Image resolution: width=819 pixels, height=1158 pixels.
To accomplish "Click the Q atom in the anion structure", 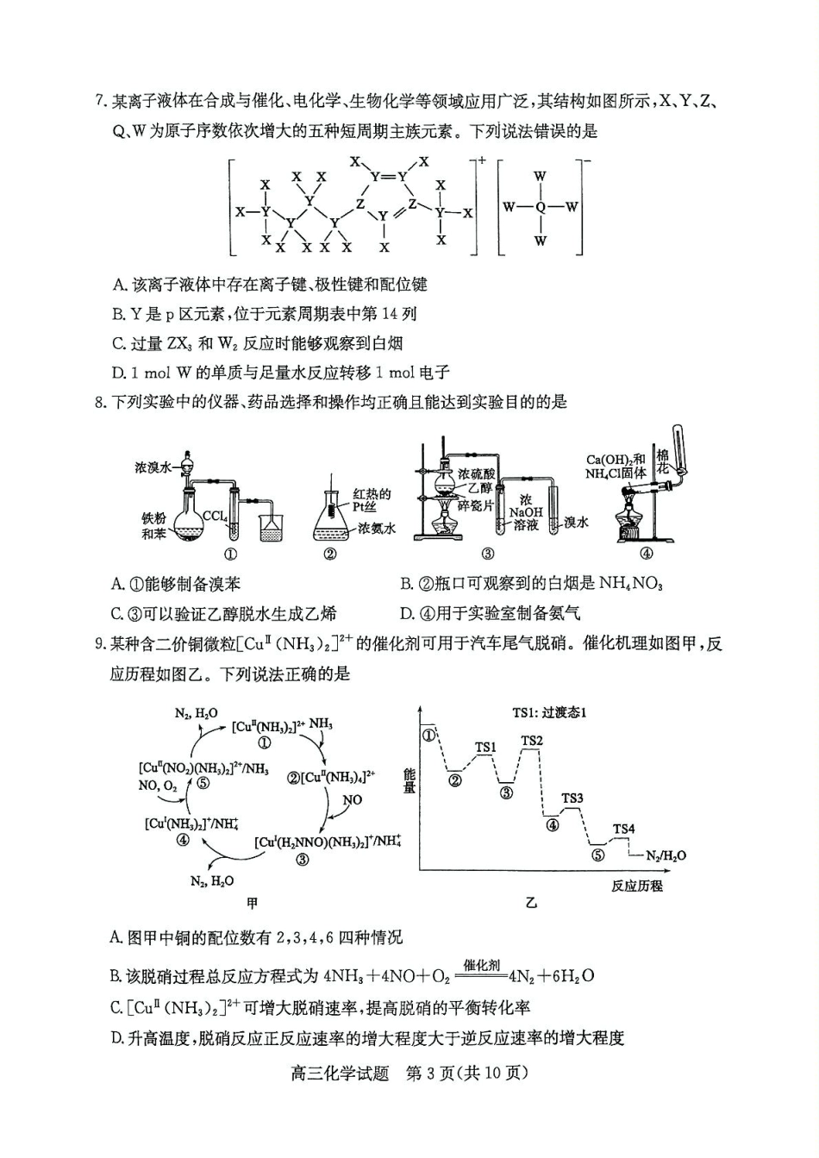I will pyautogui.click(x=541, y=207).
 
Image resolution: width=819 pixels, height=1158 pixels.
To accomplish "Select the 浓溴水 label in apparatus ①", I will pyautogui.click(x=153, y=466).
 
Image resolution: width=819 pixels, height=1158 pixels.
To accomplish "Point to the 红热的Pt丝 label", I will pyautogui.click(x=372, y=500).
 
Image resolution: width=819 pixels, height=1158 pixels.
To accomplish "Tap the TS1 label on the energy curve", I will pyautogui.click(x=486, y=748).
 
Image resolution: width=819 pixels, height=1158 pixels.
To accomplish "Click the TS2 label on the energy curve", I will pyautogui.click(x=532, y=741).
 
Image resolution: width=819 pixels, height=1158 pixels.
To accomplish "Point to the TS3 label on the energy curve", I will pyautogui.click(x=572, y=798).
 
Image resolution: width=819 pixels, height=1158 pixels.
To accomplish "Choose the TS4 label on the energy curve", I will pyautogui.click(x=623, y=829).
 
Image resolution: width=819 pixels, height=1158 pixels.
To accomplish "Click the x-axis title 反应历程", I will pyautogui.click(x=637, y=886).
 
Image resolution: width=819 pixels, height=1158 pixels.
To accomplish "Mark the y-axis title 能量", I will pyautogui.click(x=409, y=781).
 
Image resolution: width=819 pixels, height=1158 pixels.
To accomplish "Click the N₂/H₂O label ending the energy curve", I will pyautogui.click(x=666, y=855).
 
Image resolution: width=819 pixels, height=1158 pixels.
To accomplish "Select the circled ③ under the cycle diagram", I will pyautogui.click(x=302, y=860).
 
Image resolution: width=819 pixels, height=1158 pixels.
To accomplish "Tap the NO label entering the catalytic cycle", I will pyautogui.click(x=353, y=799).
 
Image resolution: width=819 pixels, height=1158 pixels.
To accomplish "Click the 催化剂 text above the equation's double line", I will pyautogui.click(x=482, y=965).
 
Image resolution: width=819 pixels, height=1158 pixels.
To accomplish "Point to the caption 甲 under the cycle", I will pyautogui.click(x=252, y=903).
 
